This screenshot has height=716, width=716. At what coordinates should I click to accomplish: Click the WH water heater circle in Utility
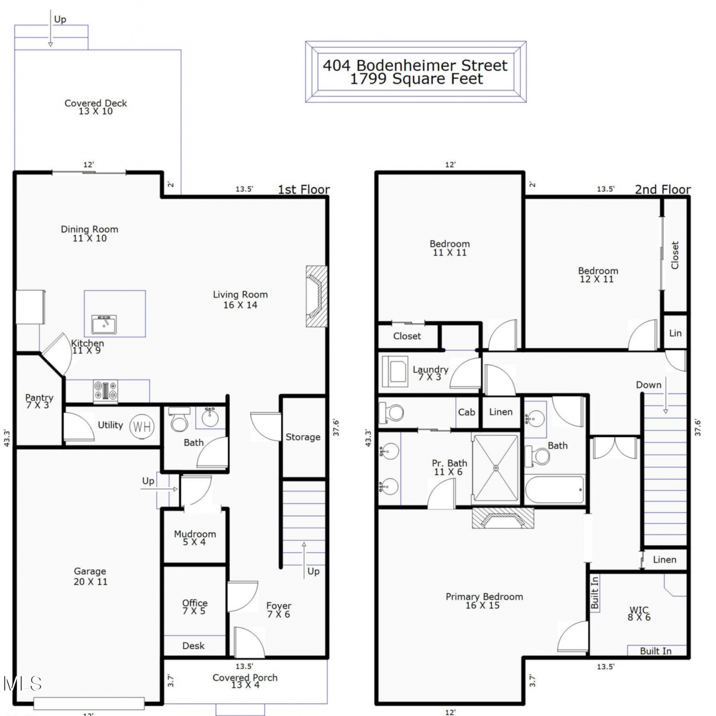coord(142,426)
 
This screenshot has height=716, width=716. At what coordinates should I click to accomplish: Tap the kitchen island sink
coord(104,325)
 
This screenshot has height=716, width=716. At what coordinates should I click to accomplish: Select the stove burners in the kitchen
coord(105,390)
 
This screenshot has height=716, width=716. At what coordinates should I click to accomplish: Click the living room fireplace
coord(316,296)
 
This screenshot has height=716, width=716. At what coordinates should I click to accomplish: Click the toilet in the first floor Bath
coord(179,419)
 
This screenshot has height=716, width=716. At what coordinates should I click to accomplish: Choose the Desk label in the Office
coord(193,646)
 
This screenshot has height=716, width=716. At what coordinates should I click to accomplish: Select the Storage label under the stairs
coord(303,437)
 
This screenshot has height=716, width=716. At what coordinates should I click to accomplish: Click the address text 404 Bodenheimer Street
coord(415,65)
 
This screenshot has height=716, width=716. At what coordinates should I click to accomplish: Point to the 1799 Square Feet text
coord(416,79)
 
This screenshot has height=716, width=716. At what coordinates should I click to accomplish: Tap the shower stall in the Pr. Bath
coord(495,468)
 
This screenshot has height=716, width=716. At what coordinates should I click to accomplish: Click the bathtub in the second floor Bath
coord(555,489)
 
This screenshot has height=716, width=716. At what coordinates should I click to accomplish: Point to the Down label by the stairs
coord(649,385)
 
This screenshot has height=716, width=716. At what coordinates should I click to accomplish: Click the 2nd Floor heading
coord(663,190)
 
